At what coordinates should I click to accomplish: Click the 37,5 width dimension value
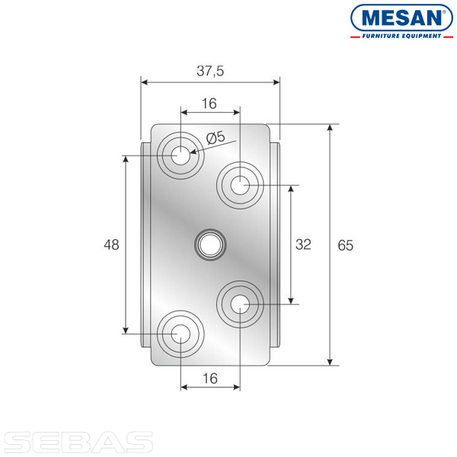tap(210, 71)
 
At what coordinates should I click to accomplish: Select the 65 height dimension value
tap(345, 245)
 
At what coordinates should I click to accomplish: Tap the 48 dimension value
tap(111, 244)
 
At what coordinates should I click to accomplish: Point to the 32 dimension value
tap(303, 244)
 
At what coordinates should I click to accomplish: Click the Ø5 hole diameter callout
tap(216, 138)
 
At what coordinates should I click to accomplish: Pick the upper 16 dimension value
tap(209, 104)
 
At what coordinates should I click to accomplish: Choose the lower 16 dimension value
tap(210, 379)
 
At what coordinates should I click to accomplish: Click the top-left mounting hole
tap(181, 155)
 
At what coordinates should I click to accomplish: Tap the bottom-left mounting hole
tap(181, 334)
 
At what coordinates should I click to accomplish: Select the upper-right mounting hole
tap(240, 185)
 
